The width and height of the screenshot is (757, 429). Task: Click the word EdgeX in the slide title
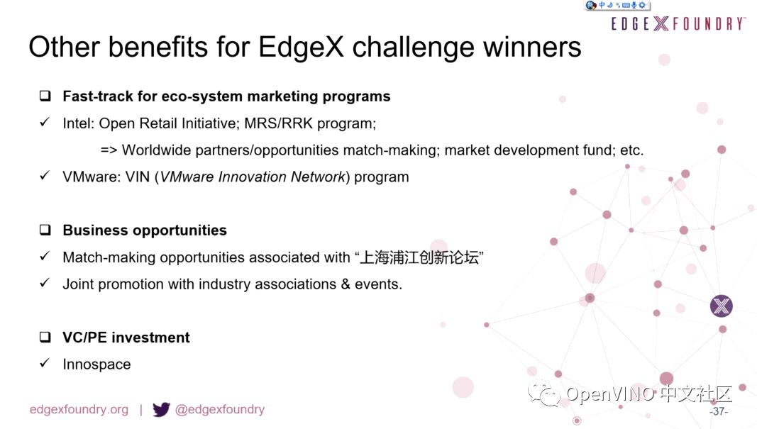[x=301, y=48]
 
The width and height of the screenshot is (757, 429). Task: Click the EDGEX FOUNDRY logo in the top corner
[x=678, y=23]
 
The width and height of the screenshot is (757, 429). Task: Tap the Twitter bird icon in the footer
[x=161, y=409]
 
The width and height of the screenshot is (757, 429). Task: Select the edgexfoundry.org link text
[x=79, y=410]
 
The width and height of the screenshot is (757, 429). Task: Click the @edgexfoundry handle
[x=220, y=410]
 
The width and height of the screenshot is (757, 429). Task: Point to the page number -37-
[x=719, y=411]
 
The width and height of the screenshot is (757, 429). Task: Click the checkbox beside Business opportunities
[x=45, y=230]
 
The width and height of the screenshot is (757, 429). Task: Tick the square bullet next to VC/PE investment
[x=45, y=337]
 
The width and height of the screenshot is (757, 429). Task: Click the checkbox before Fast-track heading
[x=45, y=96]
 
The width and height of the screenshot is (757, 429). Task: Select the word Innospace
[x=96, y=364]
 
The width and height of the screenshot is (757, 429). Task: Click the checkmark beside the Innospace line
[x=45, y=363]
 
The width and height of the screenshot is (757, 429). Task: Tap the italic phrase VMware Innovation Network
[x=253, y=177]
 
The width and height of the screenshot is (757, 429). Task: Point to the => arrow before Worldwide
[x=109, y=150]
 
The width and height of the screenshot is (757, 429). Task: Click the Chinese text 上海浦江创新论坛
[x=419, y=257]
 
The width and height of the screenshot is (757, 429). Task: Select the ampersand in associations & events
[x=346, y=284]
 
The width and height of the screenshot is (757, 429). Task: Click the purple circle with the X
[x=722, y=306]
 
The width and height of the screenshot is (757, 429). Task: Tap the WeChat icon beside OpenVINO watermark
[x=543, y=394]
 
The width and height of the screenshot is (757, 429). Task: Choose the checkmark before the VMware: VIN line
[x=45, y=175]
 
